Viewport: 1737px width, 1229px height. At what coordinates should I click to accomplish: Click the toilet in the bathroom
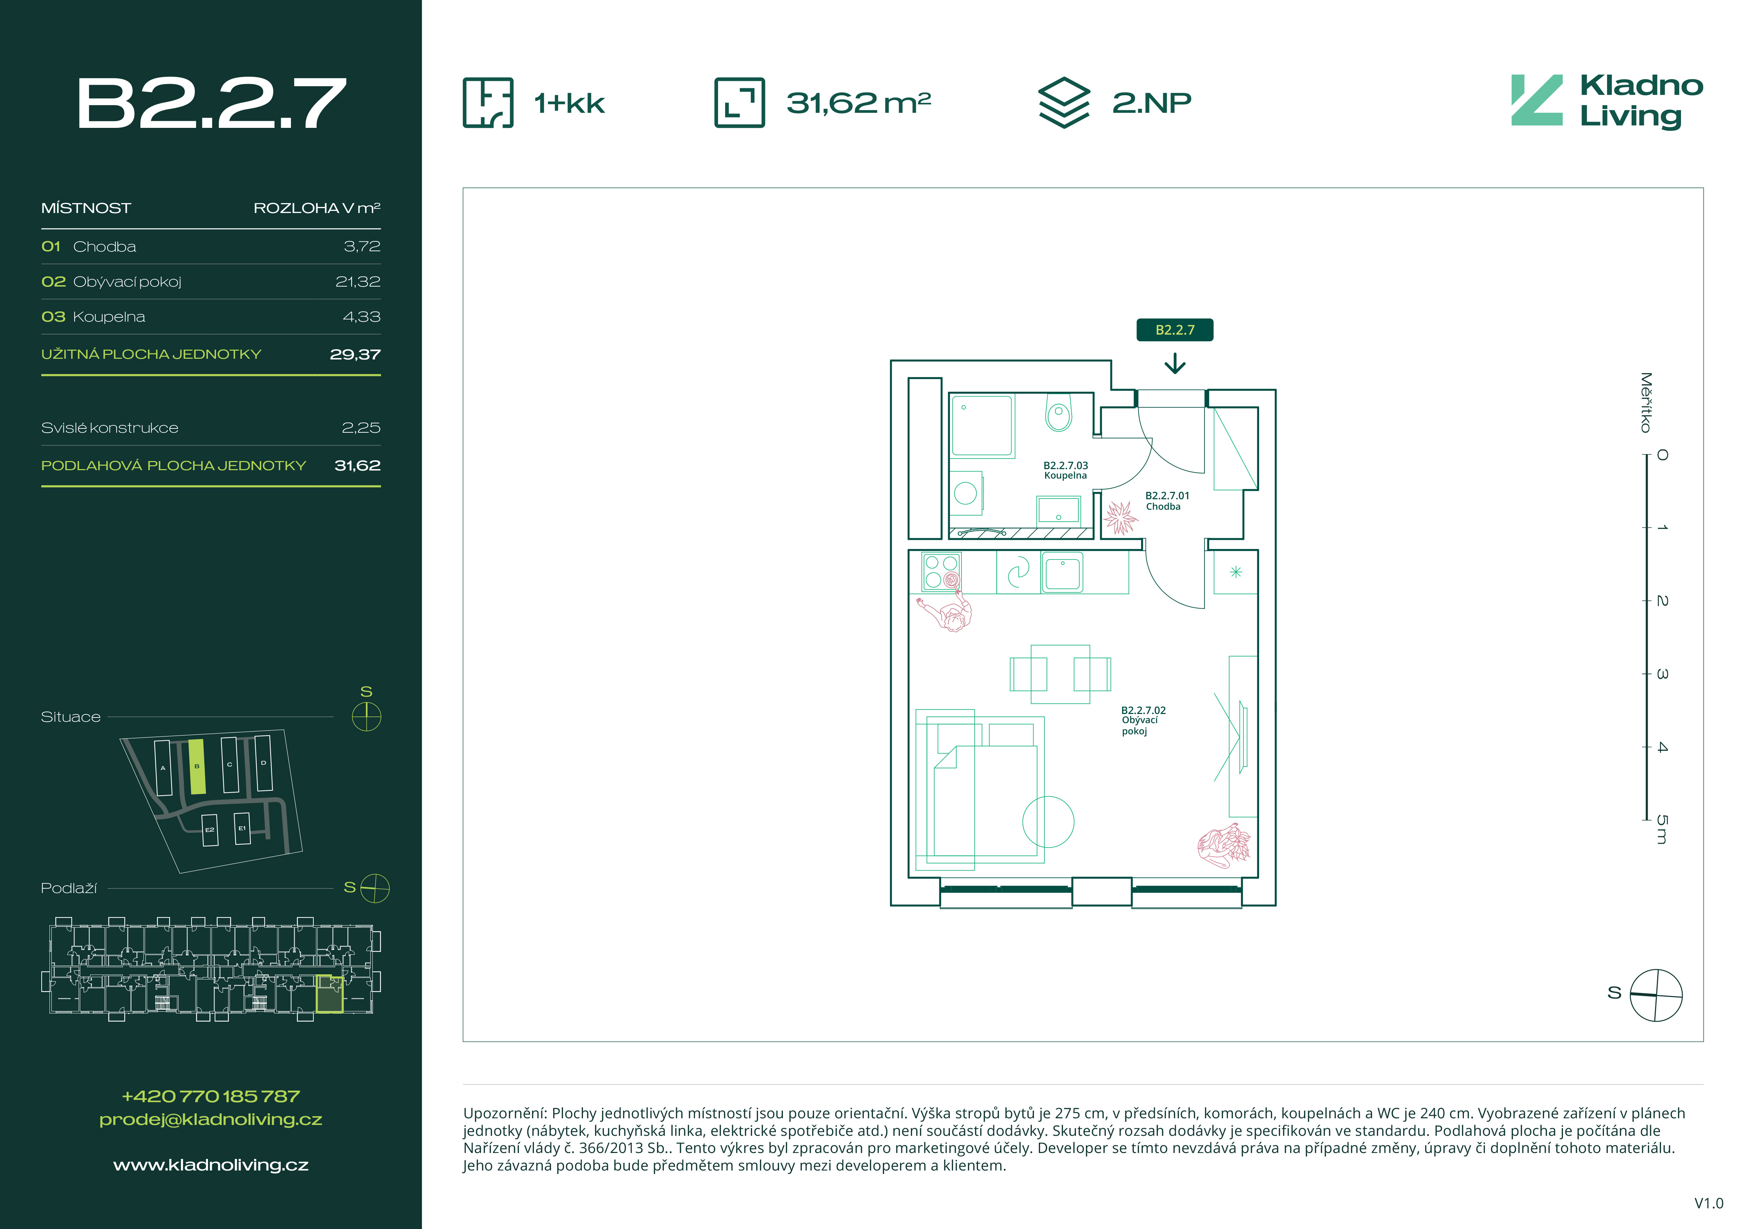[1058, 412]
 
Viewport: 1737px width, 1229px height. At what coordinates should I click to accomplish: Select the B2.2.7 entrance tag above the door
[1175, 330]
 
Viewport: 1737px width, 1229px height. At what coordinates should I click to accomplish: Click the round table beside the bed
[1048, 822]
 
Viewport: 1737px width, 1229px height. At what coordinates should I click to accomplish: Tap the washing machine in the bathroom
[966, 493]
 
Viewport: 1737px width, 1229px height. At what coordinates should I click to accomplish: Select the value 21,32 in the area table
[358, 282]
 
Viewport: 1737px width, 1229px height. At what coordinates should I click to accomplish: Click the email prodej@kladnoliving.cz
[211, 1119]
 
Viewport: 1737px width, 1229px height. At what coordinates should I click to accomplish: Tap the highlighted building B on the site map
[197, 767]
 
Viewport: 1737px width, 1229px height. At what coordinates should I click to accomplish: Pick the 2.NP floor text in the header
[1152, 103]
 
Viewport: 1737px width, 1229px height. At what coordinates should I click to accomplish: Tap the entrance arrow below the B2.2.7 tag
[1175, 365]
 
